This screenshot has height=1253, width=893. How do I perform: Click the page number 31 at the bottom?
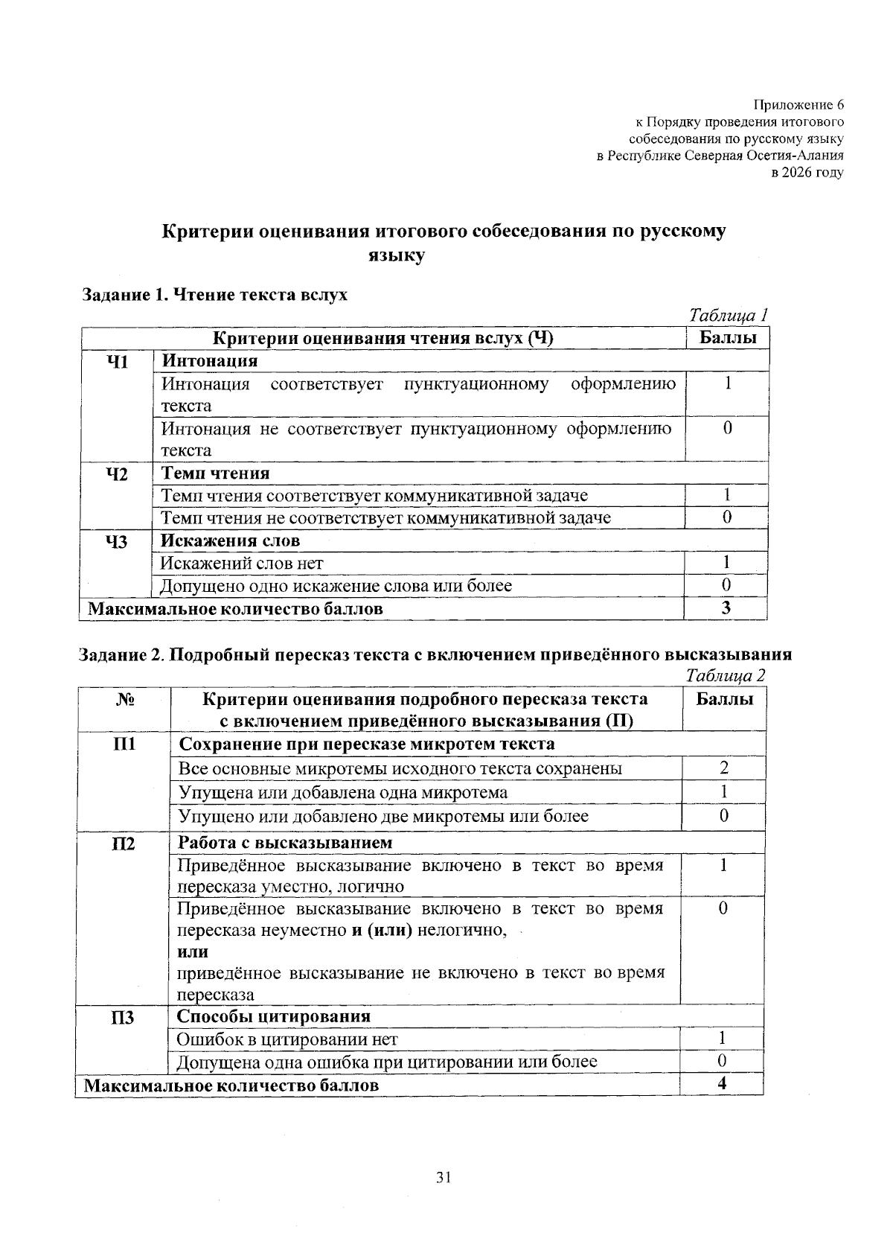tap(444, 1177)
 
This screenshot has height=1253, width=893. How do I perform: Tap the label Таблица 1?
tap(728, 315)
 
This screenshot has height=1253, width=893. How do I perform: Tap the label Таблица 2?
tap(725, 675)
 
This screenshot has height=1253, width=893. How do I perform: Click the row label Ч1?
tap(118, 362)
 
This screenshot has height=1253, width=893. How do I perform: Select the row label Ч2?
tap(118, 474)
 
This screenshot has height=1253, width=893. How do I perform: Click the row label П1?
tap(124, 744)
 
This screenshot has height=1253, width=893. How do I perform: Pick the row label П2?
tap(124, 844)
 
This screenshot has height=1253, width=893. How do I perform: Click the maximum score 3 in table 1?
tap(726, 608)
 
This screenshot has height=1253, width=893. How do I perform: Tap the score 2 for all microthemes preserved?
tap(723, 768)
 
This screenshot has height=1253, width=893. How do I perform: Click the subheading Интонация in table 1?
tap(209, 361)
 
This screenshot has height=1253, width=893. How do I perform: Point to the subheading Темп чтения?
tap(216, 474)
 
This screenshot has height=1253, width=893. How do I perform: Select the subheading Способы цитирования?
tap(273, 1016)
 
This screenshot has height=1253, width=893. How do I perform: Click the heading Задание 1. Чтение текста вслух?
tap(214, 294)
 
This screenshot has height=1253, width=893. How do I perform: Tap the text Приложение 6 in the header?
tap(799, 104)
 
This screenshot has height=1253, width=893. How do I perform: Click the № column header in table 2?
tap(124, 700)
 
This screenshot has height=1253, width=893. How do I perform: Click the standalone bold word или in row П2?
tap(192, 951)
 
